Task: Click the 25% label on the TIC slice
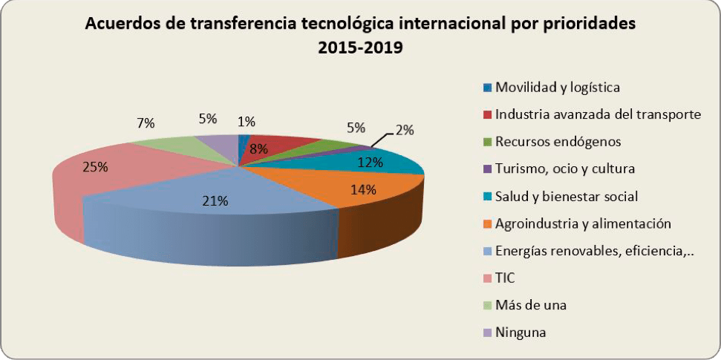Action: [95, 167]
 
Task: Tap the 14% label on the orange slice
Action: [363, 189]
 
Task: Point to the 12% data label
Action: [369, 161]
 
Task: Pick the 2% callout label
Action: [404, 130]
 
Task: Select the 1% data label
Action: [247, 122]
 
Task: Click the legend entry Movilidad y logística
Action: [557, 87]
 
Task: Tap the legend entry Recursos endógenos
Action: [558, 141]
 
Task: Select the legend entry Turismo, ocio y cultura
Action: [564, 168]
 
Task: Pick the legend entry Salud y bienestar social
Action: [567, 196]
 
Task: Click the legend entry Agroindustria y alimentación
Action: [583, 223]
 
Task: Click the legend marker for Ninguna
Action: [487, 333]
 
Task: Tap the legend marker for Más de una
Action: [487, 305]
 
